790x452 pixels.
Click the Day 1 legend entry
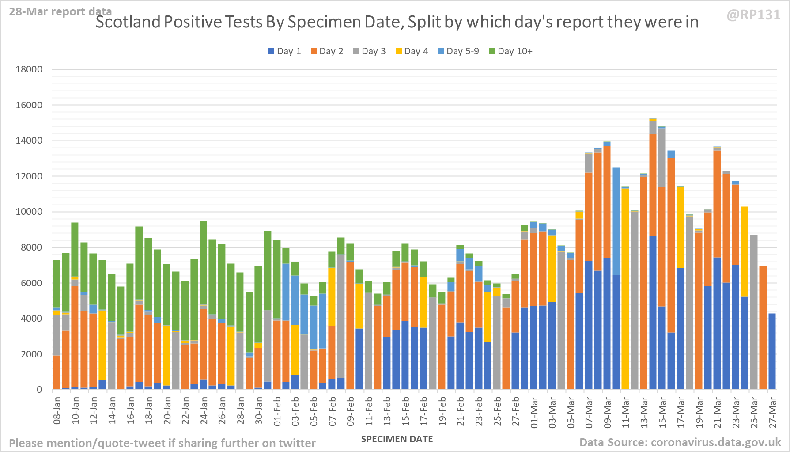coord(285,51)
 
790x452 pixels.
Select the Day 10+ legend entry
coord(511,51)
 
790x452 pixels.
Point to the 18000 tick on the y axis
coord(29,69)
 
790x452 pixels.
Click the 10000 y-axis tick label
coord(29,212)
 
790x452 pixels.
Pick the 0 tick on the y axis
coord(39,390)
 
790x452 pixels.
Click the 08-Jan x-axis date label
coord(57,411)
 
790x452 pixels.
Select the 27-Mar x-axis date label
coord(773,411)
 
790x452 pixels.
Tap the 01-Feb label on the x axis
coord(277,411)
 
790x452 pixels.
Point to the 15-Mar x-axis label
coord(662,411)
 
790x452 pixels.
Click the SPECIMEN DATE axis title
coord(397,439)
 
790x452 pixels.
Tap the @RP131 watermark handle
coord(753,15)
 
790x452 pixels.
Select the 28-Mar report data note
coord(60,11)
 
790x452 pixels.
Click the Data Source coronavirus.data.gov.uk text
coord(680,442)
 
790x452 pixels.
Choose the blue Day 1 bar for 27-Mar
coord(772,351)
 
